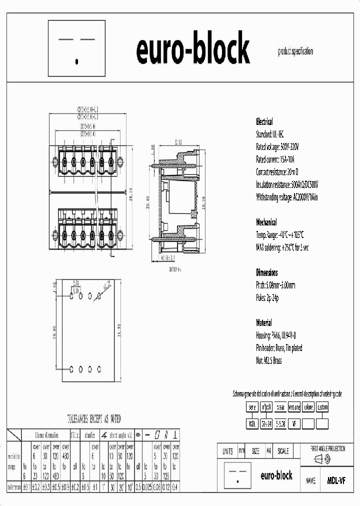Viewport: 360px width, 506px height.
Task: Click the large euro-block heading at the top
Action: coord(193,48)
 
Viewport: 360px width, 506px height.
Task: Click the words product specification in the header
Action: coord(295,51)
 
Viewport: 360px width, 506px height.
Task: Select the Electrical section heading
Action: coord(264,122)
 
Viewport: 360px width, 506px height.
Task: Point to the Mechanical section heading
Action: coord(266,222)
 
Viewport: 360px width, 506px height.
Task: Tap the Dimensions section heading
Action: coord(267,273)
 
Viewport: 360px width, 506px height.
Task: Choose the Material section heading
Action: coord(264,323)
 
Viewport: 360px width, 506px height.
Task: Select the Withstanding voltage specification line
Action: coord(286,197)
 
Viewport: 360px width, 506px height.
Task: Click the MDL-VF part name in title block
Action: coord(336,480)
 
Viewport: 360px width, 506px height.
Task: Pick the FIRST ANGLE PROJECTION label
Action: coord(327,449)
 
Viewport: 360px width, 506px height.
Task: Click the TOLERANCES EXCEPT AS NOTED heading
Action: coord(94,418)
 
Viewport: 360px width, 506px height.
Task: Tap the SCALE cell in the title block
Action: coord(283,451)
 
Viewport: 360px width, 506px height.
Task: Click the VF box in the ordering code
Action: coord(294,424)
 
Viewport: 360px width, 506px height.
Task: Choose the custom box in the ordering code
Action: coord(322,407)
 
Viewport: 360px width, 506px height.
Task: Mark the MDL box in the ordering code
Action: coord(252,424)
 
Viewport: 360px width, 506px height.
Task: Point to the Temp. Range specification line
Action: coord(280,235)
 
